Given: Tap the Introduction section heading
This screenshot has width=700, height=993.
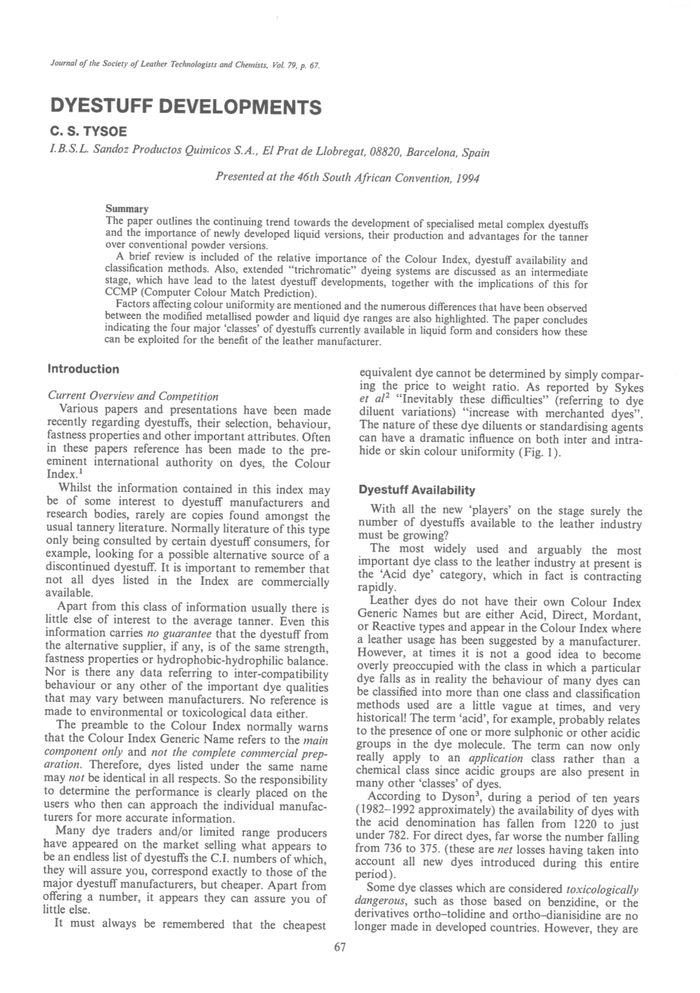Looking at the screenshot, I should (x=84, y=369).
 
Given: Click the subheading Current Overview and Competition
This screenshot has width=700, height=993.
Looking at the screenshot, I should (x=133, y=397).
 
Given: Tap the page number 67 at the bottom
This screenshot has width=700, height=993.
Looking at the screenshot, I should (x=340, y=947).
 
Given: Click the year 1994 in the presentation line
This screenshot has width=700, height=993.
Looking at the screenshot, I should (x=466, y=178).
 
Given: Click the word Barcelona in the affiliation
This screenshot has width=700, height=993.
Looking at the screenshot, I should (x=433, y=153).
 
